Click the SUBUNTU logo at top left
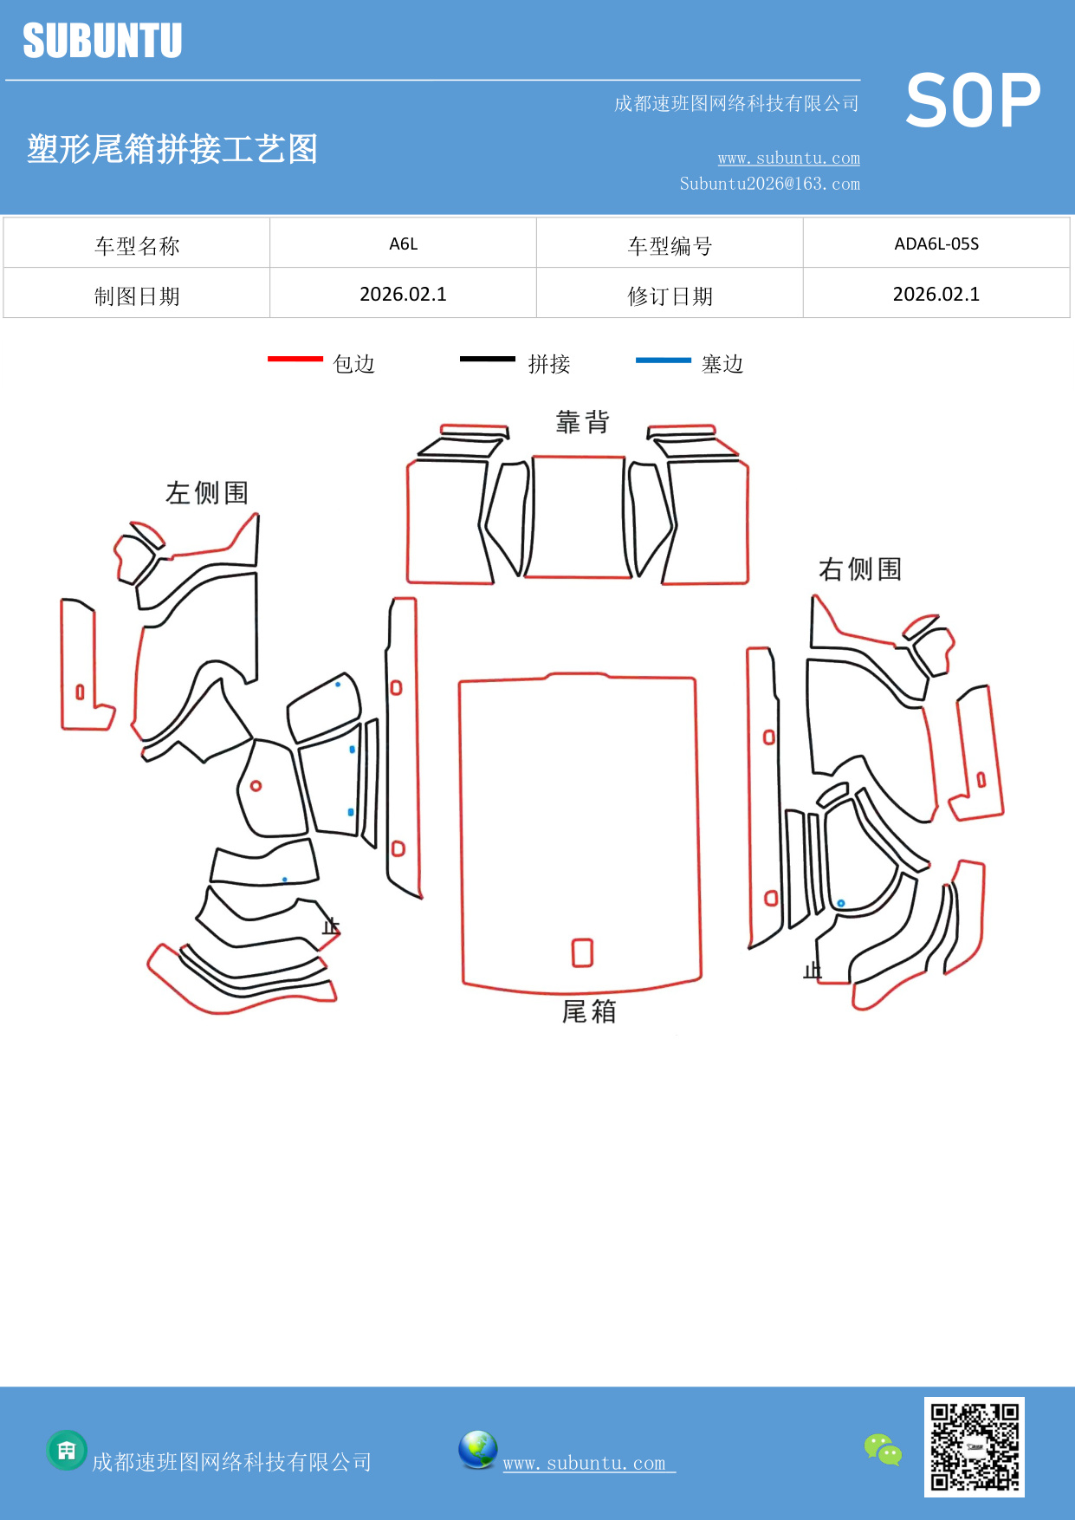click(102, 41)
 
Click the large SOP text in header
click(972, 101)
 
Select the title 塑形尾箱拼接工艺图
click(172, 149)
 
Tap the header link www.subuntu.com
click(788, 159)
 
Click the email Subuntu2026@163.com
click(769, 184)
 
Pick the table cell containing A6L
click(403, 244)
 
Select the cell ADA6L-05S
click(936, 244)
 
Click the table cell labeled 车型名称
click(137, 246)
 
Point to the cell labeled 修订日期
click(670, 296)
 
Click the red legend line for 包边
click(295, 359)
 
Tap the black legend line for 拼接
click(487, 359)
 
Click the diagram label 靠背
click(582, 422)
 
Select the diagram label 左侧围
click(207, 493)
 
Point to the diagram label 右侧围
click(859, 569)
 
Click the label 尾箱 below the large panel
click(589, 1011)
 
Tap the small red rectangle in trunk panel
click(582, 952)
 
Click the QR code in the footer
click(974, 1446)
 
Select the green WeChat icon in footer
click(883, 1449)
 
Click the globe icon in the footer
click(477, 1449)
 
